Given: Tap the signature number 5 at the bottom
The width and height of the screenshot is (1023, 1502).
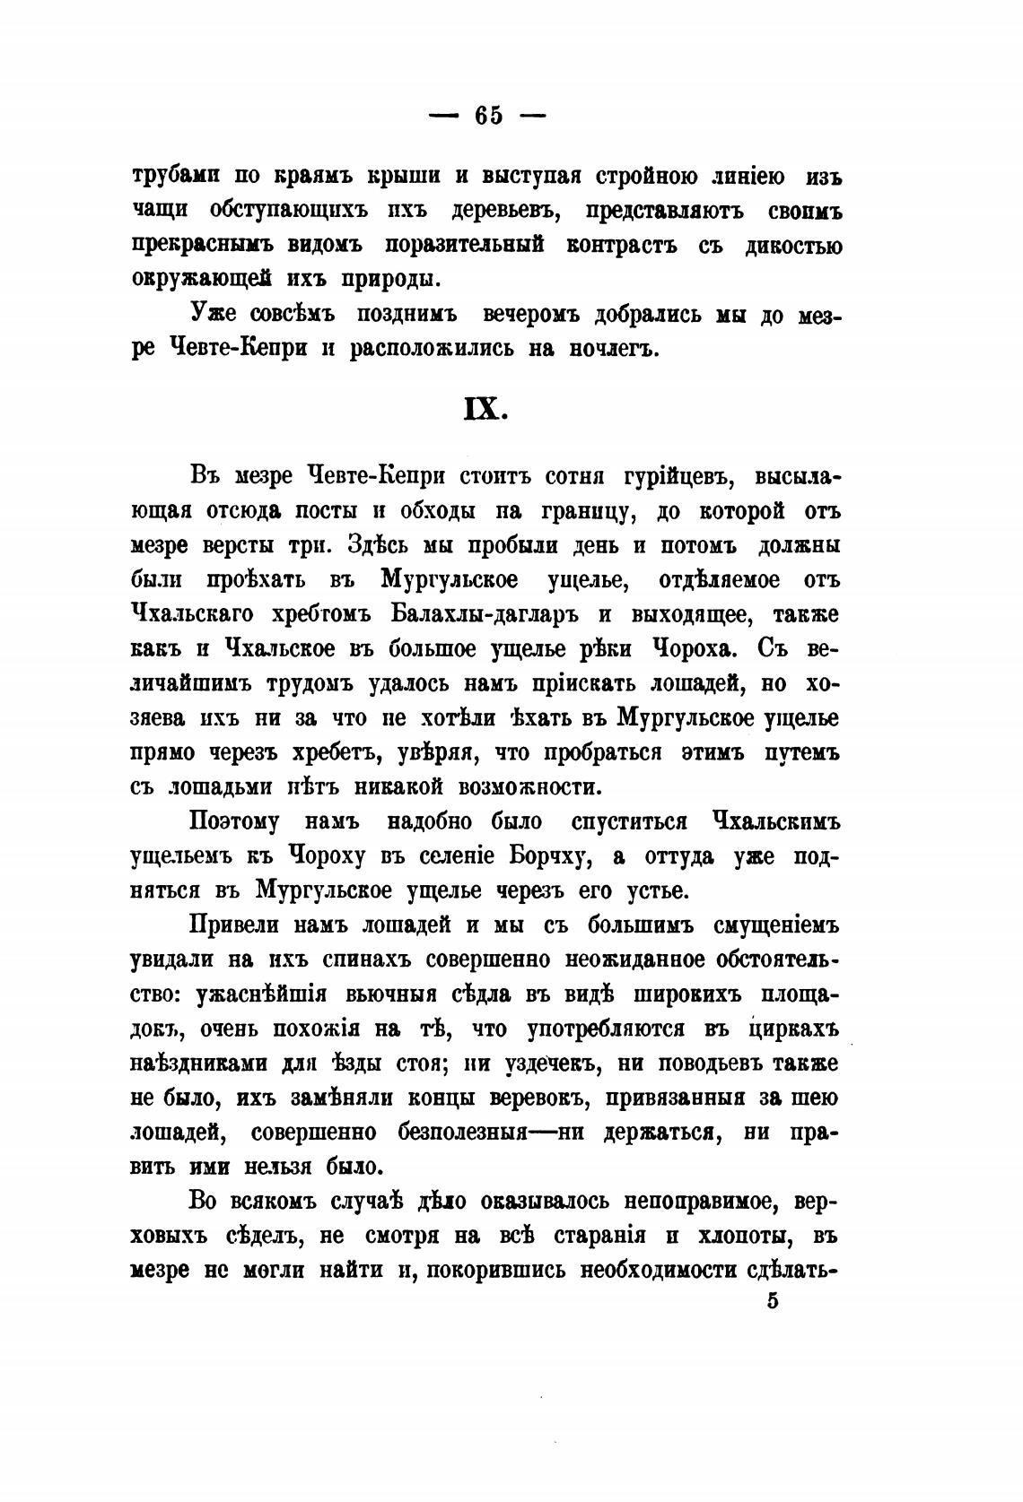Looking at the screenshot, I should [773, 1301].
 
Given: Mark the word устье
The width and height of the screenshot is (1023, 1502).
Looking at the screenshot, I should [654, 890].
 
